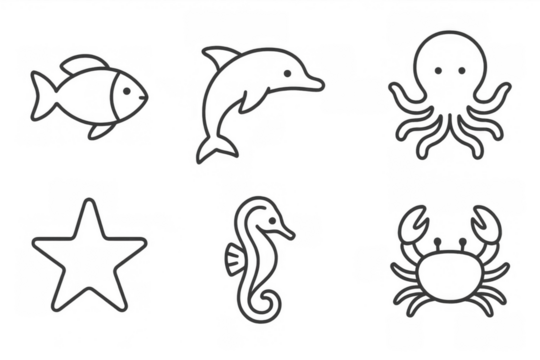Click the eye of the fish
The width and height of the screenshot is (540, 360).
[128, 88]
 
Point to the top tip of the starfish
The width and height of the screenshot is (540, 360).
[88, 204]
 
